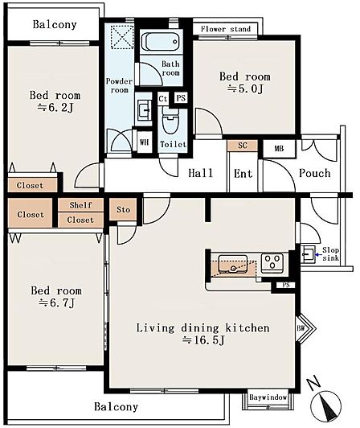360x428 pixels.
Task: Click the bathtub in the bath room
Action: click(161, 42)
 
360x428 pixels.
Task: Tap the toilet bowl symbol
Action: click(170, 121)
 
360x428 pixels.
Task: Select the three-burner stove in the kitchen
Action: click(272, 263)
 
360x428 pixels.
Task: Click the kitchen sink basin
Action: click(233, 264)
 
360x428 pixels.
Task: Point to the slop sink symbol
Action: click(308, 254)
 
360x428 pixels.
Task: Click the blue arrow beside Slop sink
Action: click(318, 254)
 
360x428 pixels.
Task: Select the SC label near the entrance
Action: click(242, 145)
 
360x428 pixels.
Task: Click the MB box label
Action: click(279, 149)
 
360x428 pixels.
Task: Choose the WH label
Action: click(144, 142)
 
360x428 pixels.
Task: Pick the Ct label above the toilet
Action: click(163, 98)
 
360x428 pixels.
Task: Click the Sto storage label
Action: click(123, 209)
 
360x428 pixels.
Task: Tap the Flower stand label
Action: click(226, 29)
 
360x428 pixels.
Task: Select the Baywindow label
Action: click(268, 397)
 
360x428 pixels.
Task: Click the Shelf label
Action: click(80, 204)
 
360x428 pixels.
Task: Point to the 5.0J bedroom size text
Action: click(245, 88)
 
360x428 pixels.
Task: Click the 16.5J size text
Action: click(203, 340)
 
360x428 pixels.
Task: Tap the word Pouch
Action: click(315, 173)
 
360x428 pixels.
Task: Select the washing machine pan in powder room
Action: click(122, 37)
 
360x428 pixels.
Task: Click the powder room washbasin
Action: click(144, 109)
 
